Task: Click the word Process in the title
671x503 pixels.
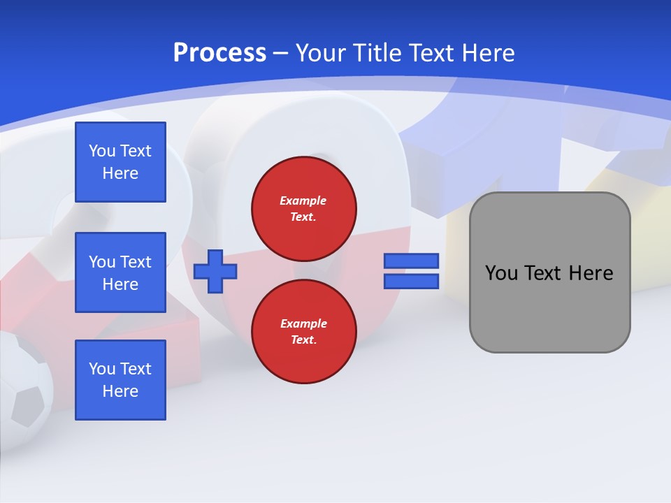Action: tap(219, 53)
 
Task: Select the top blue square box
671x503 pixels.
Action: tap(120, 162)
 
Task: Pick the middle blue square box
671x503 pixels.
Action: tap(120, 272)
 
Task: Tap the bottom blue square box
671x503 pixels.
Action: tap(120, 380)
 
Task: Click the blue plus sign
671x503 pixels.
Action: tap(215, 271)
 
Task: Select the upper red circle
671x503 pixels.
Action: tap(304, 209)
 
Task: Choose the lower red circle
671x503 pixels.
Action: tap(304, 332)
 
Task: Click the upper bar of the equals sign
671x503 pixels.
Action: tap(411, 261)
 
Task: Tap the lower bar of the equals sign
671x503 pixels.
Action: tap(411, 282)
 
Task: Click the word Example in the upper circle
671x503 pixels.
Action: tap(303, 201)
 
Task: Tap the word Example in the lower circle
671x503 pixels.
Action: tap(303, 324)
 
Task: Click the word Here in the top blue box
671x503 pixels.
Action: tap(120, 173)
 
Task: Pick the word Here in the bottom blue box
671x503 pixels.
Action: tap(120, 391)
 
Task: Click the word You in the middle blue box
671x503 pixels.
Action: tap(101, 262)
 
